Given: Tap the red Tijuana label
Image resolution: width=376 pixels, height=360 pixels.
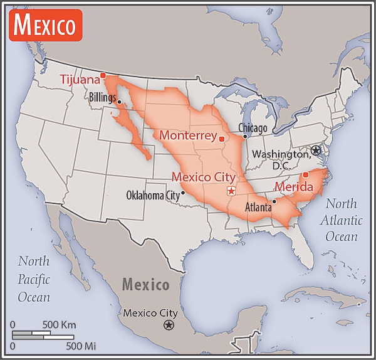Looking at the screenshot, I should pyautogui.click(x=80, y=79).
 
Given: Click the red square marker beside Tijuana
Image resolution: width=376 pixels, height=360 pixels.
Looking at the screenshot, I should pyautogui.click(x=104, y=76).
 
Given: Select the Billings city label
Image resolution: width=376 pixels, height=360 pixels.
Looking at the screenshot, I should pyautogui.click(x=102, y=97).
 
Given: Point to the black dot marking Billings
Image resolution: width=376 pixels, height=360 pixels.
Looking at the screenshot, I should pyautogui.click(x=119, y=102).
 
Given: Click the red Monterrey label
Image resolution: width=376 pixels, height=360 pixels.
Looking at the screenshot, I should pyautogui.click(x=187, y=135).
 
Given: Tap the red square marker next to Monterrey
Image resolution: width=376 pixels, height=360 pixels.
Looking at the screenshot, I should pyautogui.click(x=221, y=138).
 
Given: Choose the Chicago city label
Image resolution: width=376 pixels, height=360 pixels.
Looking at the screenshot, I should pyautogui.click(x=253, y=128).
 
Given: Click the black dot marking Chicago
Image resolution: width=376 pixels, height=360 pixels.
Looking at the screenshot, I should pyautogui.click(x=245, y=136).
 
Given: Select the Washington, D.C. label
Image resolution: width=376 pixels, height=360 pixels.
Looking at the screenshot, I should pyautogui.click(x=279, y=159).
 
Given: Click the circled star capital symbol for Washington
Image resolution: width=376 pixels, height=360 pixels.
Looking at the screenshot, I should pyautogui.click(x=316, y=150).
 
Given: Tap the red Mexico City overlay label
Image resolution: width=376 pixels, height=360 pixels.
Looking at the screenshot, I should pyautogui.click(x=203, y=177).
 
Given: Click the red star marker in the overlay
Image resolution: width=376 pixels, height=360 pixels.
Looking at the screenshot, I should pyautogui.click(x=231, y=191).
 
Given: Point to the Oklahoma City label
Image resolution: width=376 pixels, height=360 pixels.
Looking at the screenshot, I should pyautogui.click(x=152, y=194).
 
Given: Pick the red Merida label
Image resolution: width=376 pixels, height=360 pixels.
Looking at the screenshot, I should pyautogui.click(x=294, y=186).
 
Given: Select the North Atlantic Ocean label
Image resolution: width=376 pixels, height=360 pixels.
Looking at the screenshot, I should pyautogui.click(x=341, y=220).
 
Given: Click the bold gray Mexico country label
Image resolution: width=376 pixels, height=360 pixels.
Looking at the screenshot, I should pyautogui.click(x=145, y=285).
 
